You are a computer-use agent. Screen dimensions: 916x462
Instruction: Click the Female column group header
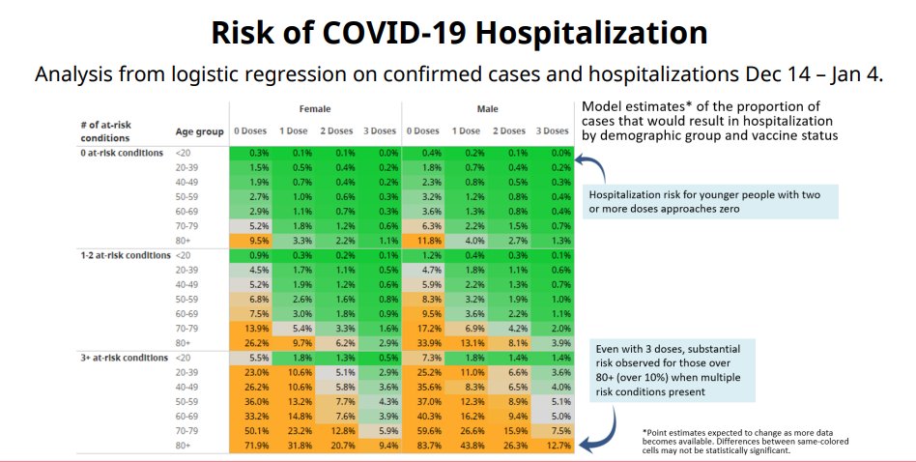(315, 109)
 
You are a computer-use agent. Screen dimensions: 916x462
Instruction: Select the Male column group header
(488, 109)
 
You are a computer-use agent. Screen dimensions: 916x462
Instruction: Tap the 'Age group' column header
(199, 132)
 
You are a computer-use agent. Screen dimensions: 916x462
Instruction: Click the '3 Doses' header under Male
(553, 131)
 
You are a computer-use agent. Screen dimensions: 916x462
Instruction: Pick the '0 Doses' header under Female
(250, 131)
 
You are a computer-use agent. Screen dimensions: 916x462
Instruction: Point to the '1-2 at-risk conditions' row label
(126, 255)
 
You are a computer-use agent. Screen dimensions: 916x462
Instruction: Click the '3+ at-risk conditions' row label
(125, 358)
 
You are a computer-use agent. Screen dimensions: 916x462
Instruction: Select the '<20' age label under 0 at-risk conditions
(183, 153)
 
